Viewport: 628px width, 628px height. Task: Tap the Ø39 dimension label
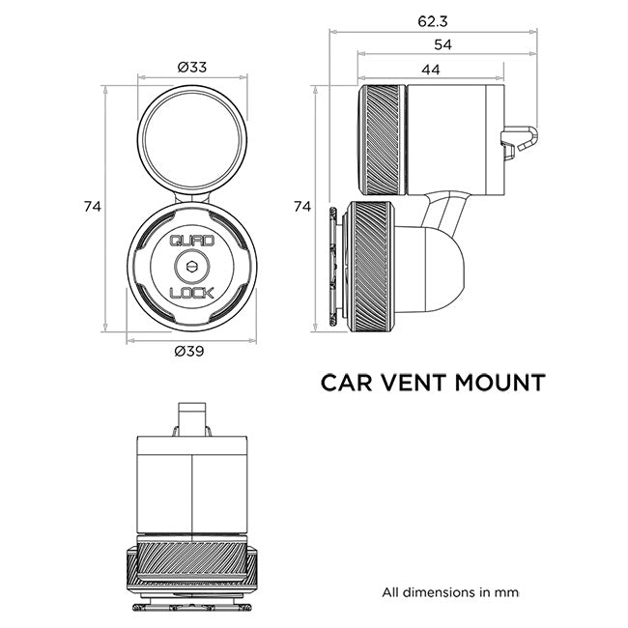[190, 352]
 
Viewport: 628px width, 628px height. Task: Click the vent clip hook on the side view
[519, 143]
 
